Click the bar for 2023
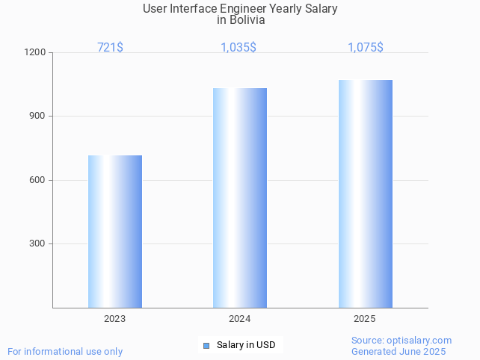point(115,232)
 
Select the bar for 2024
point(240,198)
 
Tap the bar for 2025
point(365,193)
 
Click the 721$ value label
point(111,47)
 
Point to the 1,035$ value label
point(239,47)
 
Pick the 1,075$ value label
point(366,47)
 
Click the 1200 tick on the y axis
point(35,53)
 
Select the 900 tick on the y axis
point(37,117)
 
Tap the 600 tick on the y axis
point(37,180)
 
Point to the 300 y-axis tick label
point(37,243)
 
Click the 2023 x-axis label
point(115,319)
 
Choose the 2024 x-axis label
point(240,319)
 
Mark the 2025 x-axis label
point(365,319)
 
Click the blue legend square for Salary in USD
point(207,345)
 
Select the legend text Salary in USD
point(246,345)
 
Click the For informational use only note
point(65,351)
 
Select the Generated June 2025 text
point(399,351)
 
